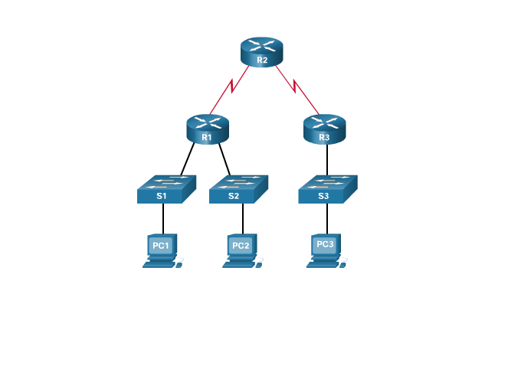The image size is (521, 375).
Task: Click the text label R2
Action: (x=262, y=60)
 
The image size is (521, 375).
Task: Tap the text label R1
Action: (x=207, y=138)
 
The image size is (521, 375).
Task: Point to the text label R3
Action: (x=324, y=138)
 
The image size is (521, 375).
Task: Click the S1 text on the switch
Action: (x=161, y=196)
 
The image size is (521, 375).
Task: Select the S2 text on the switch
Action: (x=234, y=196)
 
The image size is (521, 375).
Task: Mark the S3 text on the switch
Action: (x=323, y=196)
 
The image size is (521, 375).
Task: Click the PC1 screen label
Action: (x=161, y=246)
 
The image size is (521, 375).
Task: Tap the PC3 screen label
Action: (x=325, y=244)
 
